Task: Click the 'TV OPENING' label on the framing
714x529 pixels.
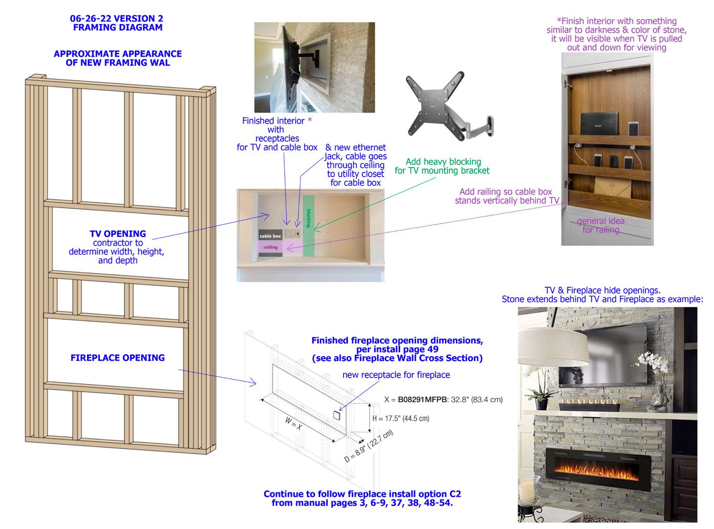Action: (118, 234)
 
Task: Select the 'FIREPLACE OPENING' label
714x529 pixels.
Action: (118, 358)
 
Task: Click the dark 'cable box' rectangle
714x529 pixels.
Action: (270, 236)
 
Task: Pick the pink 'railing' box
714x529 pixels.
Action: (271, 247)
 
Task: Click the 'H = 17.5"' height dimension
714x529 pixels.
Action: (401, 418)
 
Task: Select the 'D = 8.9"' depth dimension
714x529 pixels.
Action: (368, 447)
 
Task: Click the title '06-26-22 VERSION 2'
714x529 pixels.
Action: (117, 19)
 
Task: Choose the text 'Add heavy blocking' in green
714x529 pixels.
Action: (443, 162)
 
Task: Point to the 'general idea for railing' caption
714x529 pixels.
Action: (601, 225)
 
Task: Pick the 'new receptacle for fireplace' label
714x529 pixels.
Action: (396, 375)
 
